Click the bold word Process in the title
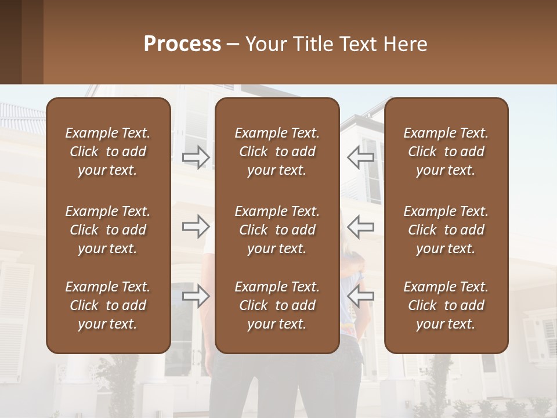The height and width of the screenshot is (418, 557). (x=182, y=44)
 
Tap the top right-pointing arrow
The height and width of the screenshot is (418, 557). (x=196, y=157)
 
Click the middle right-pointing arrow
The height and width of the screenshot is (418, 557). (x=196, y=226)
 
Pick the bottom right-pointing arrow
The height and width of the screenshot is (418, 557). (x=196, y=297)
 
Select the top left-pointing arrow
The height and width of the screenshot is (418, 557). (x=361, y=157)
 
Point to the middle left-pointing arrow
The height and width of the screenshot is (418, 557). (x=361, y=226)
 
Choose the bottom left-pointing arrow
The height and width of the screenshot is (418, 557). (x=361, y=297)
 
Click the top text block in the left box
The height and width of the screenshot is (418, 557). (x=108, y=152)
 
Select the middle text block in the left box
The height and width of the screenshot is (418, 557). (x=108, y=230)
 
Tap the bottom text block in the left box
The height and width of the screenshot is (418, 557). (x=108, y=305)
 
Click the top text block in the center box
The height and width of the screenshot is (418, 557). (x=277, y=152)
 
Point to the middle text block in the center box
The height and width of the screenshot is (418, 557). (x=277, y=230)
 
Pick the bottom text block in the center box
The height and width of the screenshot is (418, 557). (x=277, y=305)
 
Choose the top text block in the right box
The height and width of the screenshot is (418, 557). (x=446, y=152)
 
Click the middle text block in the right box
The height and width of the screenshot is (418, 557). (x=446, y=230)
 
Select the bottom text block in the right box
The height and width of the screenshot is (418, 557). (x=446, y=305)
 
